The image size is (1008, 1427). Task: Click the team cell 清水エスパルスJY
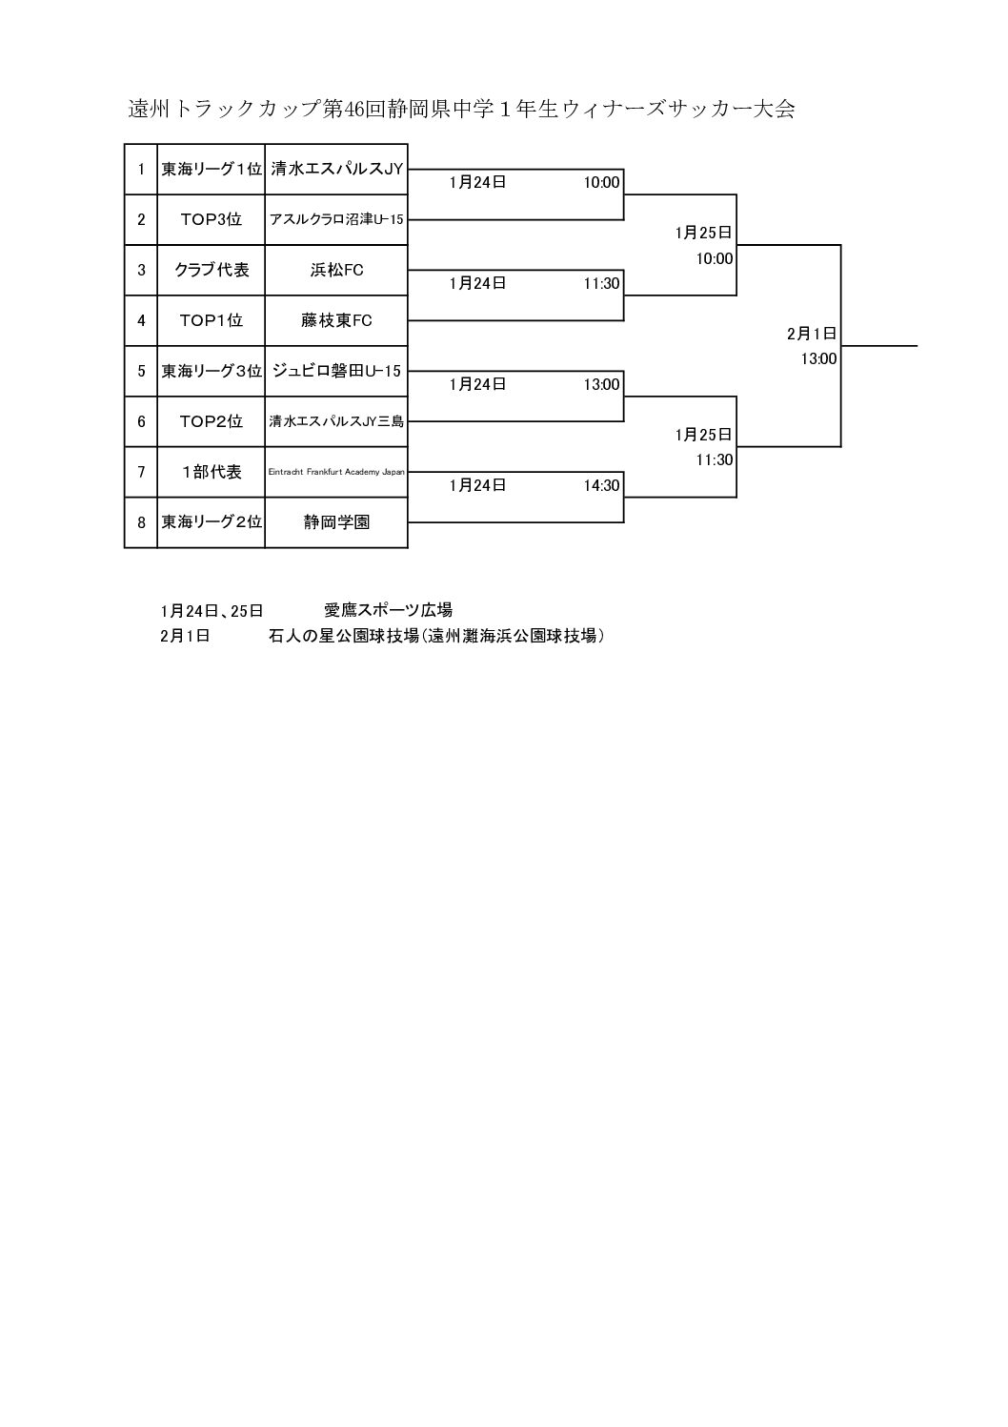[x=337, y=169]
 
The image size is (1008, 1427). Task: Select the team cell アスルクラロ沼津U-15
[x=336, y=219]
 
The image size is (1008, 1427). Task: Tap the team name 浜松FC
[x=336, y=270]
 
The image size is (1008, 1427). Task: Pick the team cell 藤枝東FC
[x=336, y=320]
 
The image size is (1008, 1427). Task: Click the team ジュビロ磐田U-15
[x=336, y=371]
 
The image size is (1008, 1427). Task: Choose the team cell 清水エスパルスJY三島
[x=336, y=421]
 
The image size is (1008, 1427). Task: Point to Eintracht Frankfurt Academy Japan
[x=336, y=472]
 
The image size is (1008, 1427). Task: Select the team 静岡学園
[x=336, y=522]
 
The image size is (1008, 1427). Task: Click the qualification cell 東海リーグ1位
[x=211, y=169]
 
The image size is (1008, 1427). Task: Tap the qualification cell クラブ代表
[x=211, y=270]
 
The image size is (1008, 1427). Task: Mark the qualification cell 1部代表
[x=211, y=472]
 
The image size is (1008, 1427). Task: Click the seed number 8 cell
[x=141, y=522]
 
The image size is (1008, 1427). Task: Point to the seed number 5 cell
[x=141, y=371]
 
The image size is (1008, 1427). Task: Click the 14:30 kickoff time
[x=601, y=485]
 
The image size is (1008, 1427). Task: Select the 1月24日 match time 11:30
[x=601, y=283]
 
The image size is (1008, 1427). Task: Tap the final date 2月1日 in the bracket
[x=812, y=334]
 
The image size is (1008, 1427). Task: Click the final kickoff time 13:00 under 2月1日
[x=818, y=359]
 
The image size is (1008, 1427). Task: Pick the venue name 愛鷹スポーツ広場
[x=388, y=610]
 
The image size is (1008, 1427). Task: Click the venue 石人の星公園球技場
[x=344, y=636]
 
